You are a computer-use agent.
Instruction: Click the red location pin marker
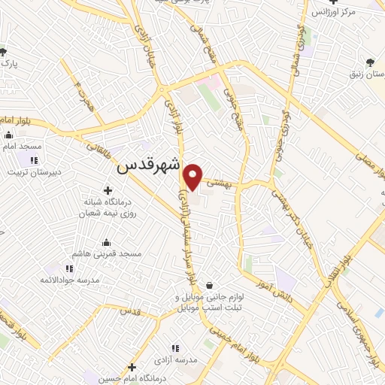(193, 177)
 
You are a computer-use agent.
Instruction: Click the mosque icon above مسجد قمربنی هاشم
(105, 242)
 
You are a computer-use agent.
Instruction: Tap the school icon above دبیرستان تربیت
(33, 159)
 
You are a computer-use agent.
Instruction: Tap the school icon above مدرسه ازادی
(175, 348)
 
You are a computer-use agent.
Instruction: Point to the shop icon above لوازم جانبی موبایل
(208, 285)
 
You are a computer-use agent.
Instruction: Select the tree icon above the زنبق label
(368, 62)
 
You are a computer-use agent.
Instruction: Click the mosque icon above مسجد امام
(9, 135)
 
